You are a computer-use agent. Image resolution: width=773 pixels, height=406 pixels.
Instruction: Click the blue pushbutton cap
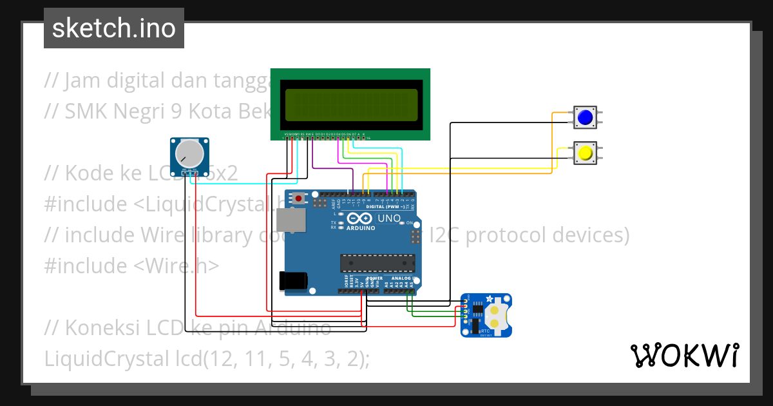coord(585,118)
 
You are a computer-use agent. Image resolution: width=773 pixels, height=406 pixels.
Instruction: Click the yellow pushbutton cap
coord(585,153)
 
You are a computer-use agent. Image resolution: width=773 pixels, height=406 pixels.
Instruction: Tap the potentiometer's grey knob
coord(187,153)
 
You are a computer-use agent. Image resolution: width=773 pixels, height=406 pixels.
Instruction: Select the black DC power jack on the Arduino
coord(291,281)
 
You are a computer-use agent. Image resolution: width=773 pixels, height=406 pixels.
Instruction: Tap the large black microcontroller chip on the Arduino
coord(377,263)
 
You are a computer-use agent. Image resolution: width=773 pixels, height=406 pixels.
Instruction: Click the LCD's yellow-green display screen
coord(350,104)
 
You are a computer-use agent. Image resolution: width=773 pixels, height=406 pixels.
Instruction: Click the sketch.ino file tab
coord(114,28)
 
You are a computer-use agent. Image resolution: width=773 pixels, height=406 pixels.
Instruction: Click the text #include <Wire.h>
coord(131,266)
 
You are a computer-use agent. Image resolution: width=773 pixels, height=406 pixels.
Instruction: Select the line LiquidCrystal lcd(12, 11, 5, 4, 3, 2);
coord(207,358)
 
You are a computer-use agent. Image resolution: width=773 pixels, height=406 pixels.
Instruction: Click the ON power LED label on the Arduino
coord(410,222)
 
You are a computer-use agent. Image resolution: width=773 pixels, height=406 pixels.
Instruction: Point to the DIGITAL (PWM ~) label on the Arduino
coord(385,206)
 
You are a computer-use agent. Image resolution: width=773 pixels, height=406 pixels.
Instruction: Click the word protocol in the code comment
coord(505,235)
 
